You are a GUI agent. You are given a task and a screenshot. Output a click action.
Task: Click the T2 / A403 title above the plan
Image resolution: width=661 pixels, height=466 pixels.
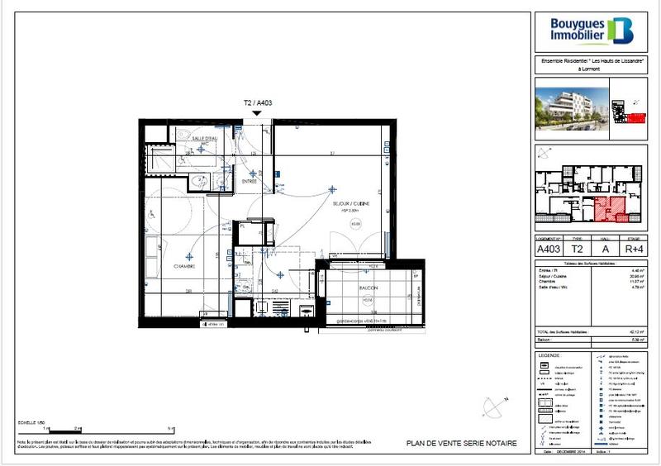pyautogui.click(x=258, y=103)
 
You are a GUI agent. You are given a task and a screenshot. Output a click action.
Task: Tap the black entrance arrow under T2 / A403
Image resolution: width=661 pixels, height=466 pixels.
pyautogui.click(x=258, y=114)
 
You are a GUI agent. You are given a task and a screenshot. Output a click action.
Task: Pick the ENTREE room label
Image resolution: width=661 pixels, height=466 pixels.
pyautogui.click(x=250, y=180)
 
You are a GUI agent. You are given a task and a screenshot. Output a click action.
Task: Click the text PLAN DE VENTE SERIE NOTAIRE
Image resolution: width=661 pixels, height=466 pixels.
pyautogui.click(x=462, y=444)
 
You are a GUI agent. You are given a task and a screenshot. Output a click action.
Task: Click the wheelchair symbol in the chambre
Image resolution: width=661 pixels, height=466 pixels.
pyautogui.click(x=153, y=214)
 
